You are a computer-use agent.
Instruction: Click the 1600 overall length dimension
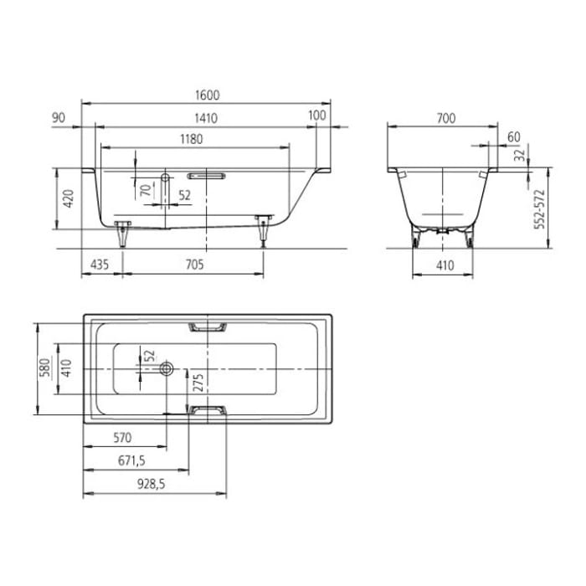206,96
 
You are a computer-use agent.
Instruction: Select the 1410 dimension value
206,118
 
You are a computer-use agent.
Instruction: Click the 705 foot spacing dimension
194,265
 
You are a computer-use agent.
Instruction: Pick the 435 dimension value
100,265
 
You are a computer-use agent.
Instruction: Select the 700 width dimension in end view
446,118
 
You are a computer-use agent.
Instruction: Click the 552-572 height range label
540,208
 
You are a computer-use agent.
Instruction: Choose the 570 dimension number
123,438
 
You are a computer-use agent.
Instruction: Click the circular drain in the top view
167,368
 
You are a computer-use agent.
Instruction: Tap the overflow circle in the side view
165,177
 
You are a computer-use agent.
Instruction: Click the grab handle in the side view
206,177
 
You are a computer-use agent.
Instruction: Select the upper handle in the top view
208,326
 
